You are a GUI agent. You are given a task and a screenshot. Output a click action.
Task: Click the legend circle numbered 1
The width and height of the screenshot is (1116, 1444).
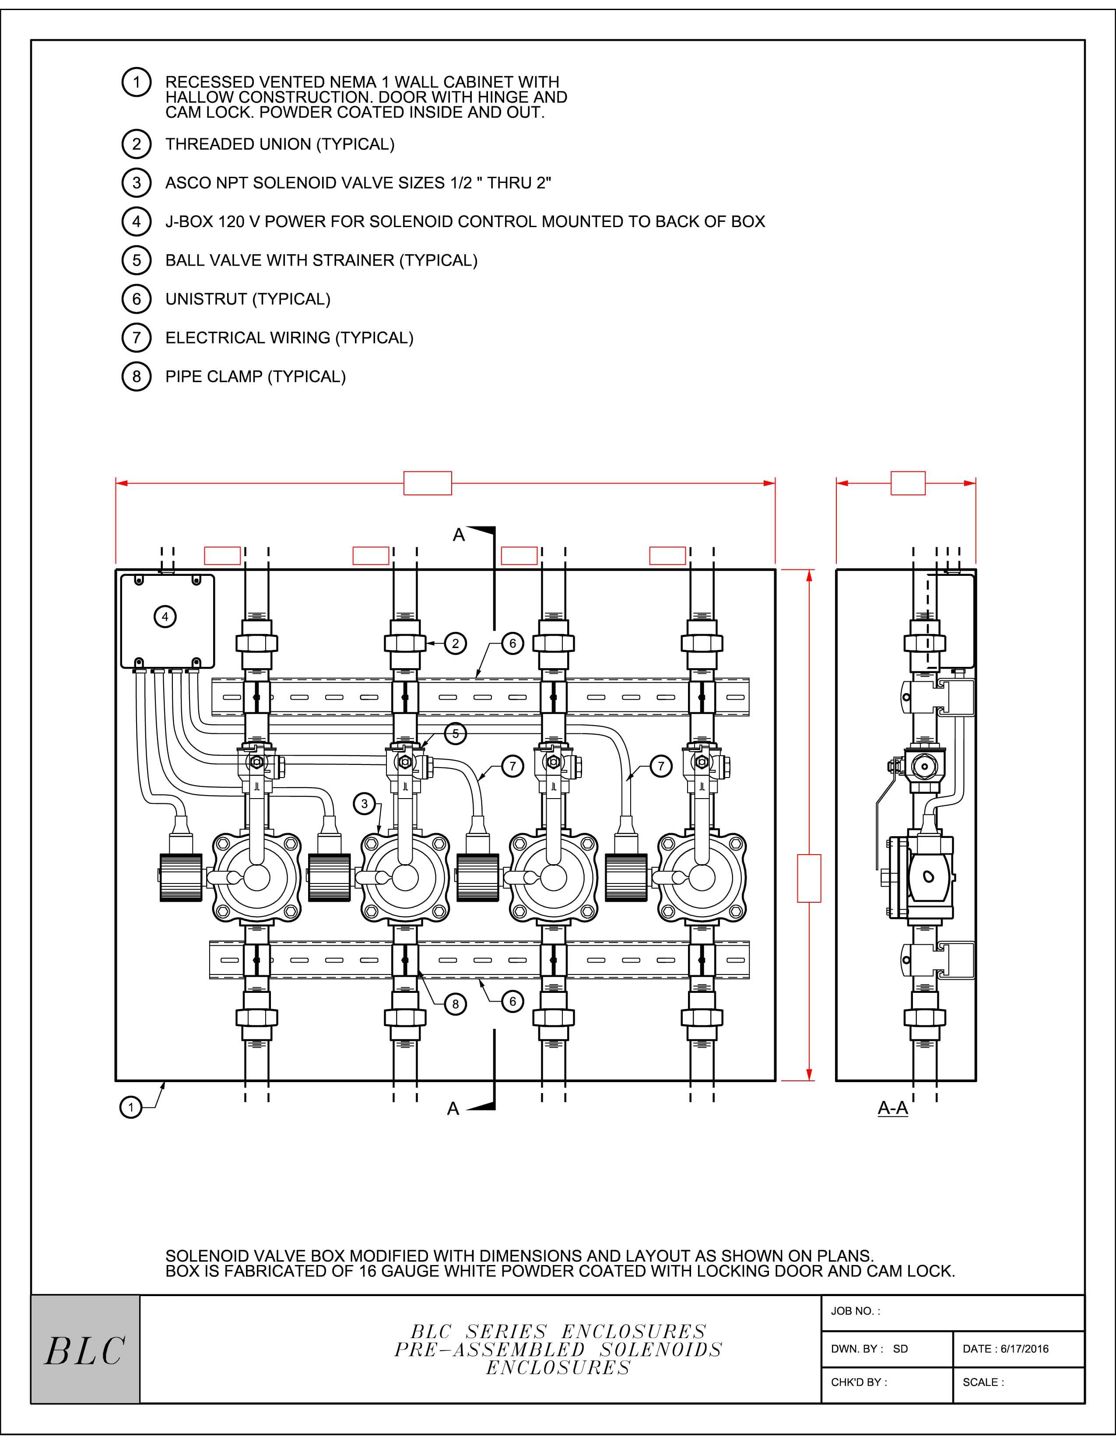pos(136,82)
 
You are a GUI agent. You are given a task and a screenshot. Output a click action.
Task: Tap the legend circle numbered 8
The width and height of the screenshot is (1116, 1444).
pos(136,376)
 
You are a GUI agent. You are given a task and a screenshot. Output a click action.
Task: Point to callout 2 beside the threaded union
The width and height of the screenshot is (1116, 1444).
pos(455,643)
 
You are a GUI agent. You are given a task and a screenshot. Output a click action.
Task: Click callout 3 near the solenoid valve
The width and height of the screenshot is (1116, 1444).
pos(364,804)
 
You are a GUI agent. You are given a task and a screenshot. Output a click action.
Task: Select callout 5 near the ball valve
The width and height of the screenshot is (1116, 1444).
pos(455,733)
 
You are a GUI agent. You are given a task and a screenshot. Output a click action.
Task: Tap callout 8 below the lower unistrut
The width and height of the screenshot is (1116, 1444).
pos(455,1004)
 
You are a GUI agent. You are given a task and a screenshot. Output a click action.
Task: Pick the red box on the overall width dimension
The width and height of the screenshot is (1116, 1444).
pos(428,484)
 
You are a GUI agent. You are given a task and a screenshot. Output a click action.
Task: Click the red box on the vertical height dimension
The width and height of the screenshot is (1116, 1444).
pos(809,878)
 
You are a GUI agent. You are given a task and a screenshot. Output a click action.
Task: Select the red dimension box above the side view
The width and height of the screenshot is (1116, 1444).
pos(908,484)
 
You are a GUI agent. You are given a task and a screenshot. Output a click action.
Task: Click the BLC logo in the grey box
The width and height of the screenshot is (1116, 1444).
pos(84,1351)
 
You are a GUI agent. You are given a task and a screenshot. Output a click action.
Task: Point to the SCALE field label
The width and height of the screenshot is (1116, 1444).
pos(983,1382)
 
